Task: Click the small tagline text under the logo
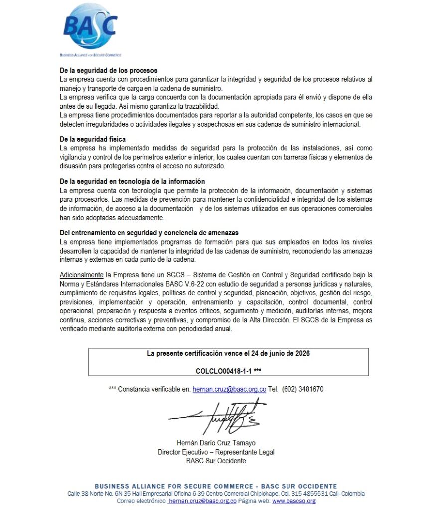pos(90,55)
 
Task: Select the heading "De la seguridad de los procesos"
pos(108,71)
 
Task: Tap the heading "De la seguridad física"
pos(93,140)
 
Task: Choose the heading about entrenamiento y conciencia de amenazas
pos(148,233)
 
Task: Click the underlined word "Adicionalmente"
pos(82,275)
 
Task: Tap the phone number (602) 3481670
pos(303,389)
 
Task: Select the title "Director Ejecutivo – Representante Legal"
pos(216,452)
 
